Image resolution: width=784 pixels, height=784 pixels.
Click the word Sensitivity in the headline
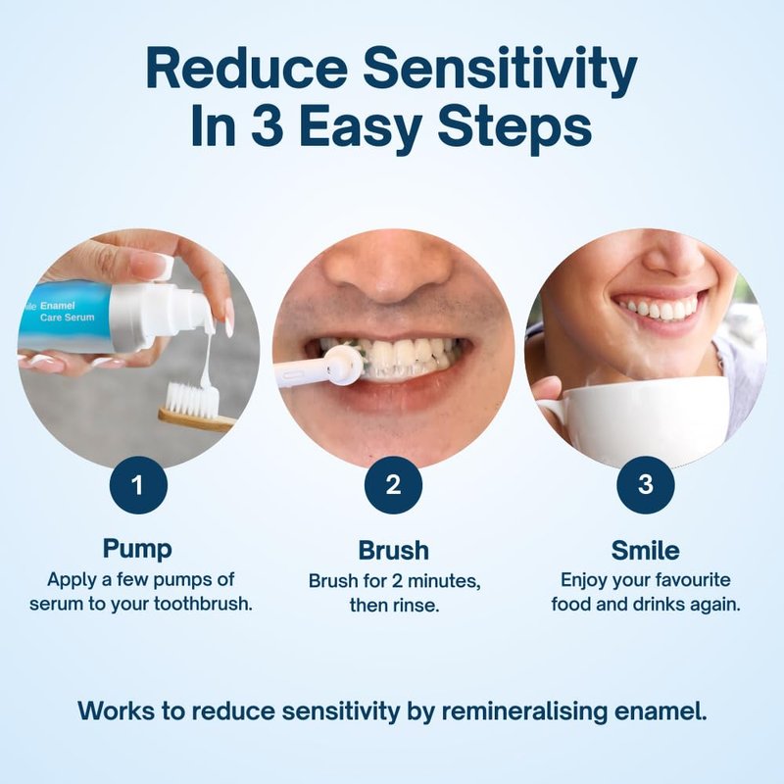click(x=500, y=71)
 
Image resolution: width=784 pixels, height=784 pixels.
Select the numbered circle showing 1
click(x=138, y=485)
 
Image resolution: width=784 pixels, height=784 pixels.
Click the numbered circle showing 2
click(x=393, y=485)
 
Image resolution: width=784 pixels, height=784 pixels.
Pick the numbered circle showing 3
click(x=646, y=485)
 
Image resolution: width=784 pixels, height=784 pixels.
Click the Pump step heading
click(x=137, y=549)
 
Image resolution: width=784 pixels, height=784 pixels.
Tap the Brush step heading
click(x=394, y=550)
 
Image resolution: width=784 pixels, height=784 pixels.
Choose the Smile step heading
click(x=646, y=550)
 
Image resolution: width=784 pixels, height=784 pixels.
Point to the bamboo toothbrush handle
click(x=197, y=419)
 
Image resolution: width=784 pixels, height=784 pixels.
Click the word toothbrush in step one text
click(x=202, y=604)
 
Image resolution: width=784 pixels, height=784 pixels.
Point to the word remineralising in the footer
click(x=524, y=711)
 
